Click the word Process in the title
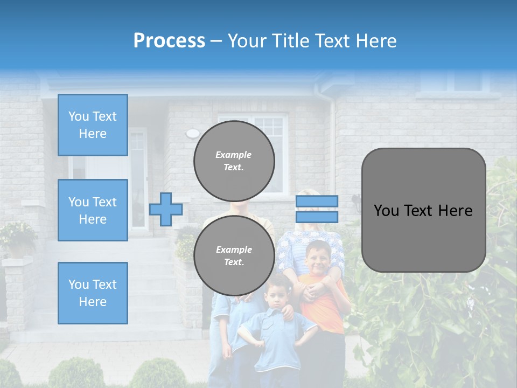point(169,41)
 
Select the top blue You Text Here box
point(93,125)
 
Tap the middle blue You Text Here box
point(93,210)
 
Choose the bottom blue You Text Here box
point(93,293)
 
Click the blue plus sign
point(166,209)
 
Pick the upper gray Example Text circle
point(234,161)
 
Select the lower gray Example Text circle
point(234,256)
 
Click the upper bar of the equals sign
point(317,202)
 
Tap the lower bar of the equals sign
point(317,217)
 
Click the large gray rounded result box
point(423,210)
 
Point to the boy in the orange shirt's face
point(317,258)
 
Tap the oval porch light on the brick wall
point(192,133)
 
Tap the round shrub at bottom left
point(75,373)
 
